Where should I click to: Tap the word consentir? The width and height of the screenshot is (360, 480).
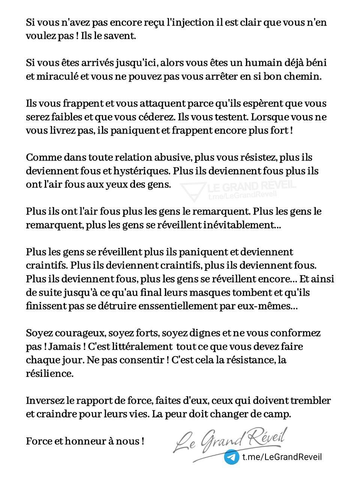pos(144,360)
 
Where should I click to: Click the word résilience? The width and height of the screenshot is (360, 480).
pos(49,373)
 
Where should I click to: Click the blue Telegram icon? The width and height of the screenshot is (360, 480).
pos(232,457)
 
